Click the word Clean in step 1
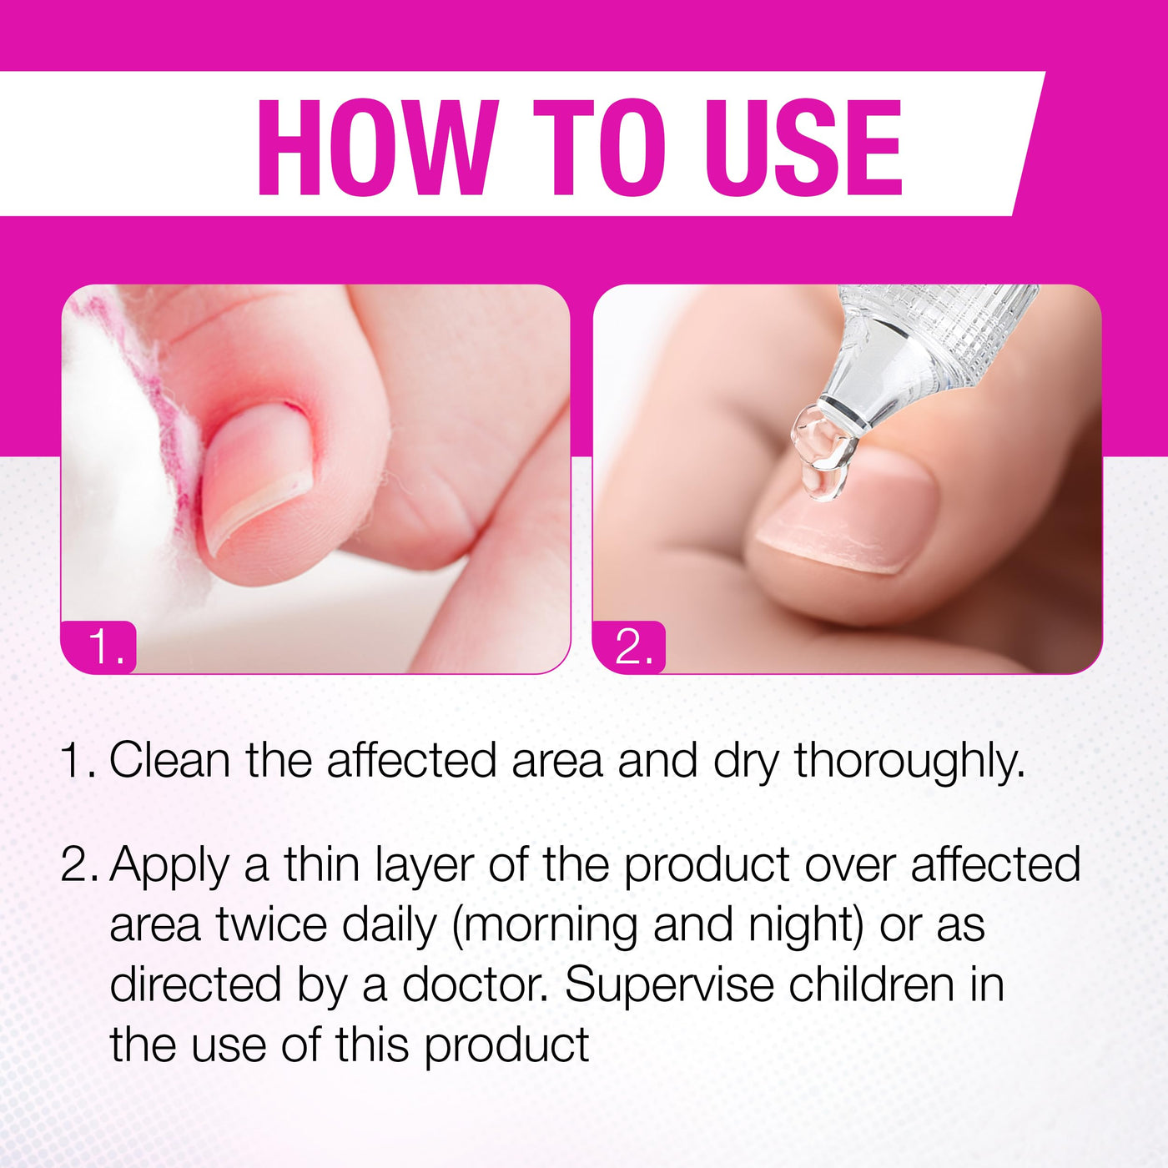click(169, 761)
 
